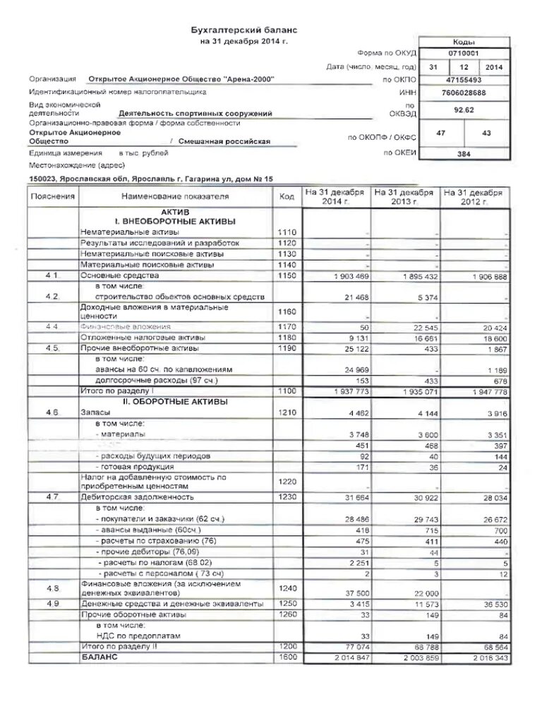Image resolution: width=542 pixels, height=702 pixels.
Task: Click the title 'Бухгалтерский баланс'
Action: coord(245,30)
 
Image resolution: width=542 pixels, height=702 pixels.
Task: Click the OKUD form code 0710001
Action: coord(464,53)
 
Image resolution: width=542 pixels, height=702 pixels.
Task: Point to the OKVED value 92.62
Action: coord(463,109)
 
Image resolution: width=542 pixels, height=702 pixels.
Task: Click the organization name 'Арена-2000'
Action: coord(181,79)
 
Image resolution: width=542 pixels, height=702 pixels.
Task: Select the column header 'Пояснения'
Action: coord(53,196)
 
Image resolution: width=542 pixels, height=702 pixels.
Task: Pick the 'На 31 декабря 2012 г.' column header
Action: coord(474,196)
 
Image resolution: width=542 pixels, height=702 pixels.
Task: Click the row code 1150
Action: coord(288,275)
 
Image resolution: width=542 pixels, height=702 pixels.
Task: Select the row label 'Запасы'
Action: coord(95,412)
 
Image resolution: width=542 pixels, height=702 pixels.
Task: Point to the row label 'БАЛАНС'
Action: coord(97,656)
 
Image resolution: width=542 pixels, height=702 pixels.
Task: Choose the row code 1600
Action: coord(288,656)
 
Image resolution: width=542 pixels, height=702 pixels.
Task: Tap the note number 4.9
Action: coord(53,604)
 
